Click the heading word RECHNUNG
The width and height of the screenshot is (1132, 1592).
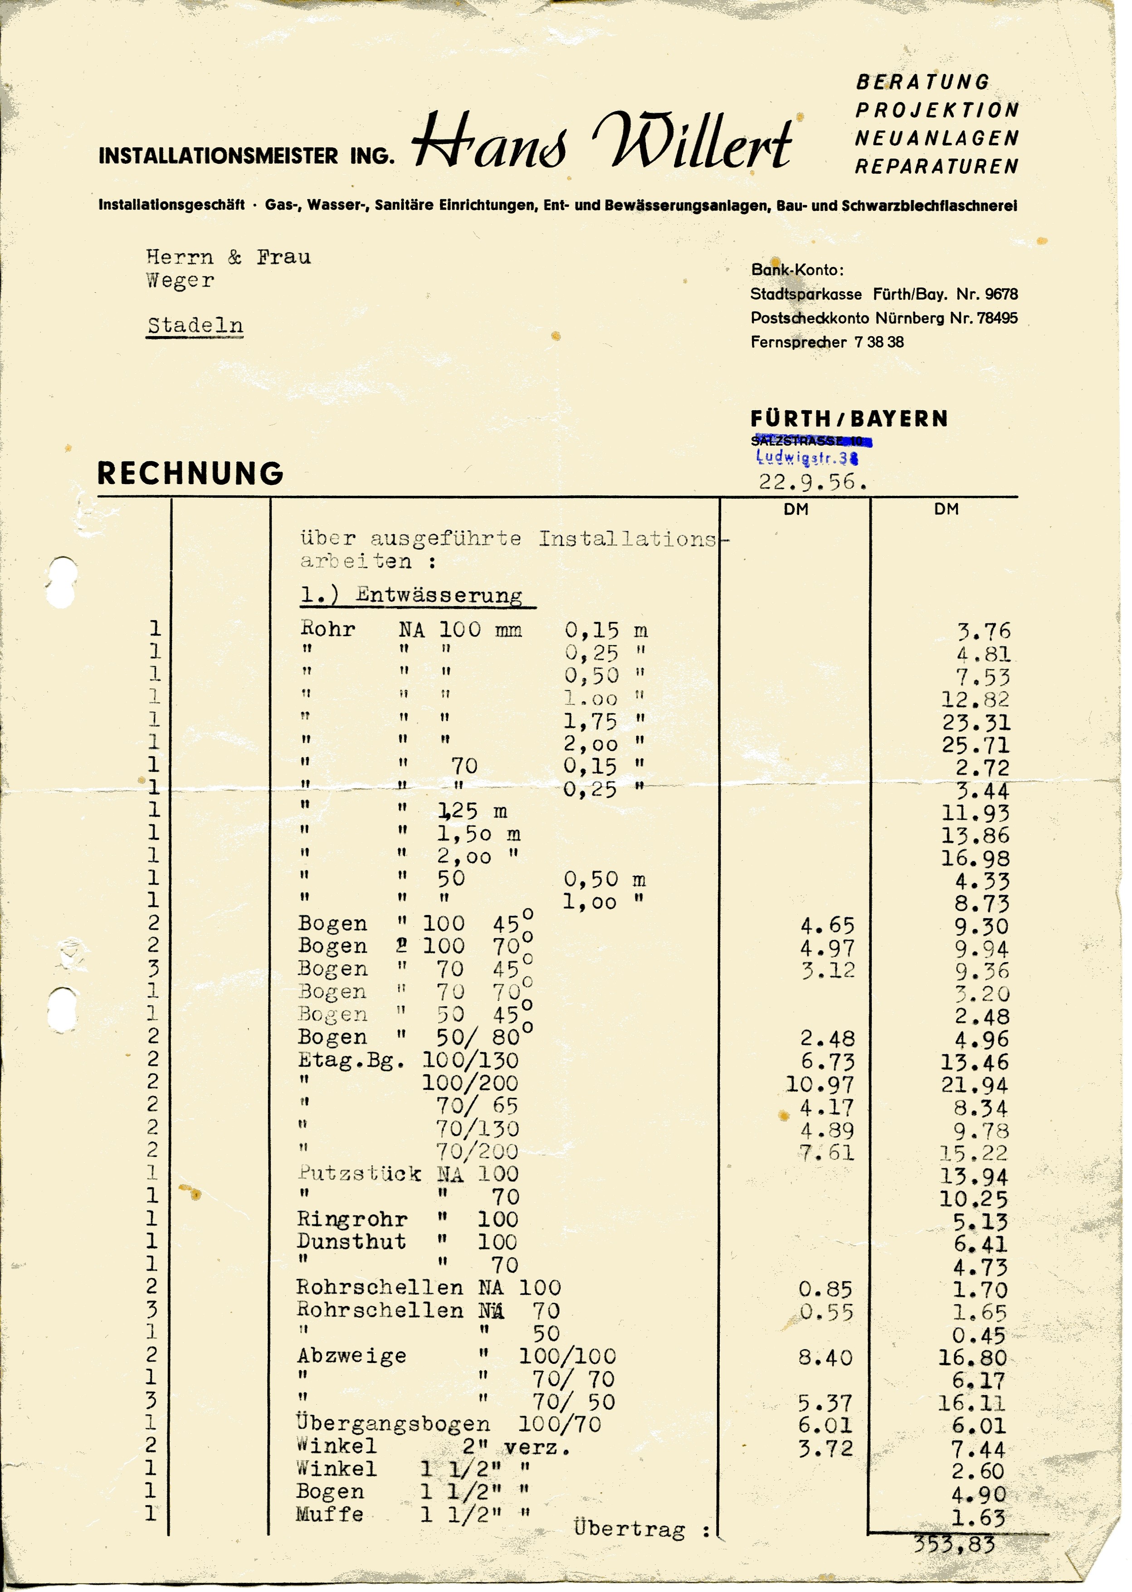pos(190,474)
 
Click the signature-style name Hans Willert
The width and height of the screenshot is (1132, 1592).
pos(602,142)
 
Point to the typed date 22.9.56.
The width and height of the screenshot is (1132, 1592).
pos(812,482)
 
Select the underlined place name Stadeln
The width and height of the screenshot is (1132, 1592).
pos(195,326)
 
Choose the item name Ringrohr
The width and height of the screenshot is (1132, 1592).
pos(352,1219)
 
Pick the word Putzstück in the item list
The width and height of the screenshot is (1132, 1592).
pos(360,1174)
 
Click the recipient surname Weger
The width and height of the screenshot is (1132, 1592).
pos(180,281)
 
